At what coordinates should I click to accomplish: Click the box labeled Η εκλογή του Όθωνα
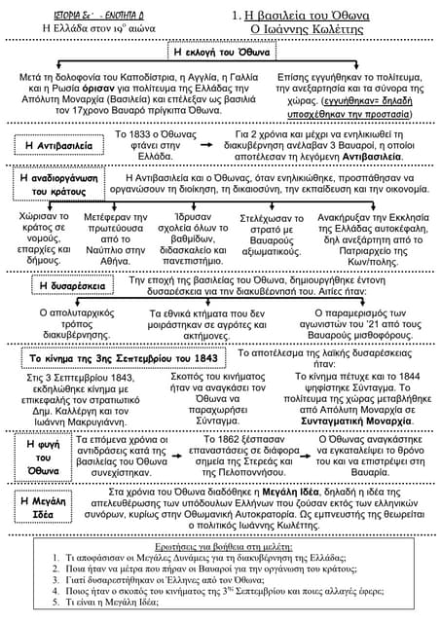220,52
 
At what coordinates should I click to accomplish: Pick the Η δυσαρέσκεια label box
67,284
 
